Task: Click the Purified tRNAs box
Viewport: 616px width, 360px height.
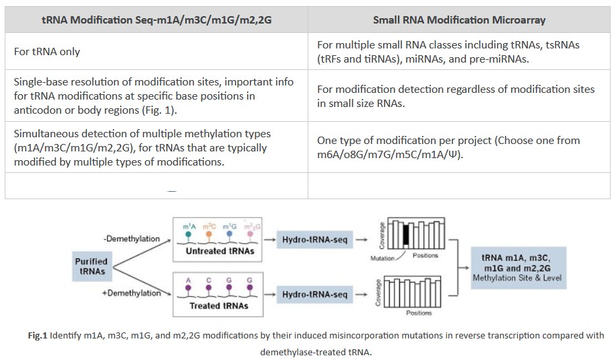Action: (x=92, y=266)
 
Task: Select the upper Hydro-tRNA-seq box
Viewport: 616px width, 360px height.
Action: (x=315, y=240)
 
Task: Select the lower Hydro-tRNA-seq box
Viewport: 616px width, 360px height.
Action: (x=315, y=294)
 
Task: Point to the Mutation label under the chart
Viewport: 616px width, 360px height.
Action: (x=382, y=258)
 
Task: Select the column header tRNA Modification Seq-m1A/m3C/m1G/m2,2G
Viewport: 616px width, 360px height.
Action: (x=156, y=20)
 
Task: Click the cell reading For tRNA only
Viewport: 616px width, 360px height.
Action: (x=47, y=51)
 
